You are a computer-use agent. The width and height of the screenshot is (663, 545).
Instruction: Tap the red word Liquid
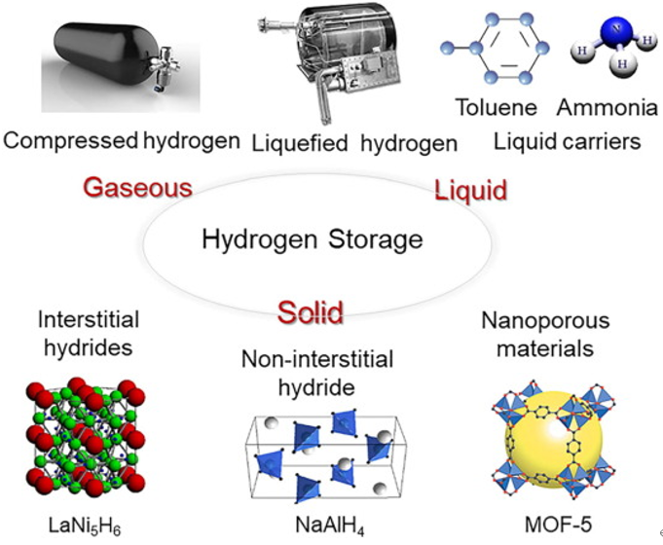point(469,188)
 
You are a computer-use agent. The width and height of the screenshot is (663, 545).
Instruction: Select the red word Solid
point(310,312)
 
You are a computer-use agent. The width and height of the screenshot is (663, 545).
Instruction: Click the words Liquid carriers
point(567,142)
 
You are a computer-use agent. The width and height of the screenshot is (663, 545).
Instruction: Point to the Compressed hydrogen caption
point(122,141)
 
